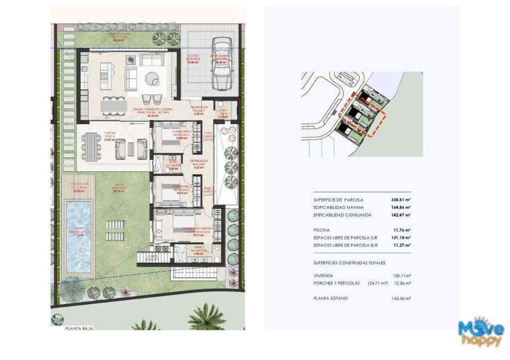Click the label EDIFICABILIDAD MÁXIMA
point(339,207)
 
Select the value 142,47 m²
point(401,215)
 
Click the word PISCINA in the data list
point(321,230)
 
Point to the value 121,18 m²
point(401,238)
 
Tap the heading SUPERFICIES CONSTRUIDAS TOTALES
point(349,262)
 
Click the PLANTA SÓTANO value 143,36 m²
point(401,298)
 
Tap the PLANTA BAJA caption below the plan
point(79,329)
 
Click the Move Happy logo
point(481,332)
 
